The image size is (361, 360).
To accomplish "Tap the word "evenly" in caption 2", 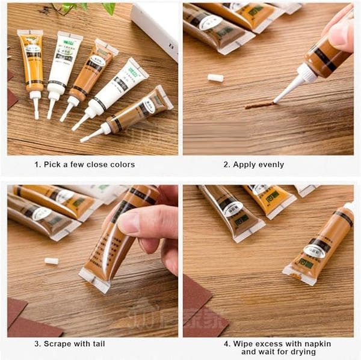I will [x=271, y=164].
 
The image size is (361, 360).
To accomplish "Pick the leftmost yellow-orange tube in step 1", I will [x=31, y=63].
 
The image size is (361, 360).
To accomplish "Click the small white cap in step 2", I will [x=215, y=78].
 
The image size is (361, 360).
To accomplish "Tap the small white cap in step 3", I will [x=51, y=261].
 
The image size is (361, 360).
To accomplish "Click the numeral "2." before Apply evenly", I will [x=227, y=164].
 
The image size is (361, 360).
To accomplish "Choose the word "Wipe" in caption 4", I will [x=244, y=344].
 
